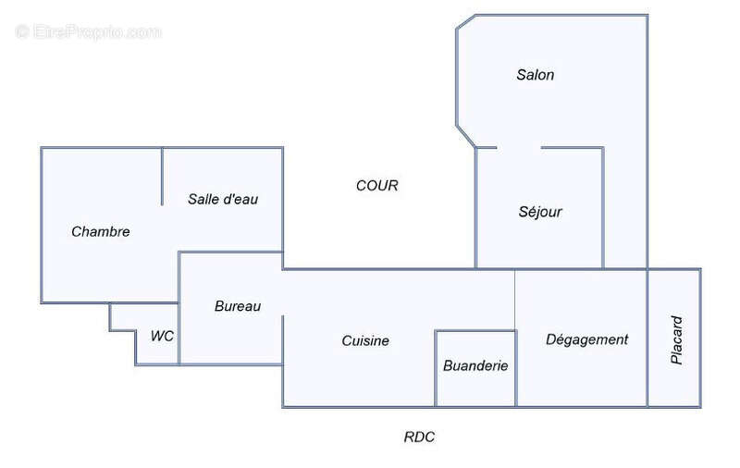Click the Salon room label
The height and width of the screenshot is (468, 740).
coord(536,75)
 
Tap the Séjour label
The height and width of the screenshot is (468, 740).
coord(540,212)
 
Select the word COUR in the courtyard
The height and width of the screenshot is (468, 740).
coord(377,185)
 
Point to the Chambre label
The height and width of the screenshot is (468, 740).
coord(101,231)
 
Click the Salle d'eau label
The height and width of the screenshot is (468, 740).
coord(222,198)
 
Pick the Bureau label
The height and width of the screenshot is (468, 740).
coord(238,306)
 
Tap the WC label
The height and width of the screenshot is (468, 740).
coord(162,336)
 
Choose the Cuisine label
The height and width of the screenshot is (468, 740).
coord(365,340)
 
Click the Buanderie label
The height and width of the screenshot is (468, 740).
coord(475,365)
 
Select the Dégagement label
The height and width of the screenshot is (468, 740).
coord(587,339)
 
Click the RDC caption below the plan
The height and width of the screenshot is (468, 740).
coord(420,437)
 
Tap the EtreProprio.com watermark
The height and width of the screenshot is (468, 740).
coord(89,32)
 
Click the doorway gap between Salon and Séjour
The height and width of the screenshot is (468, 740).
coord(519,147)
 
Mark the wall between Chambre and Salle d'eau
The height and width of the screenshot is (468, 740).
coord(163,176)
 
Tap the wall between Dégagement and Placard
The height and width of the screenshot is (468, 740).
coord(647,338)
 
